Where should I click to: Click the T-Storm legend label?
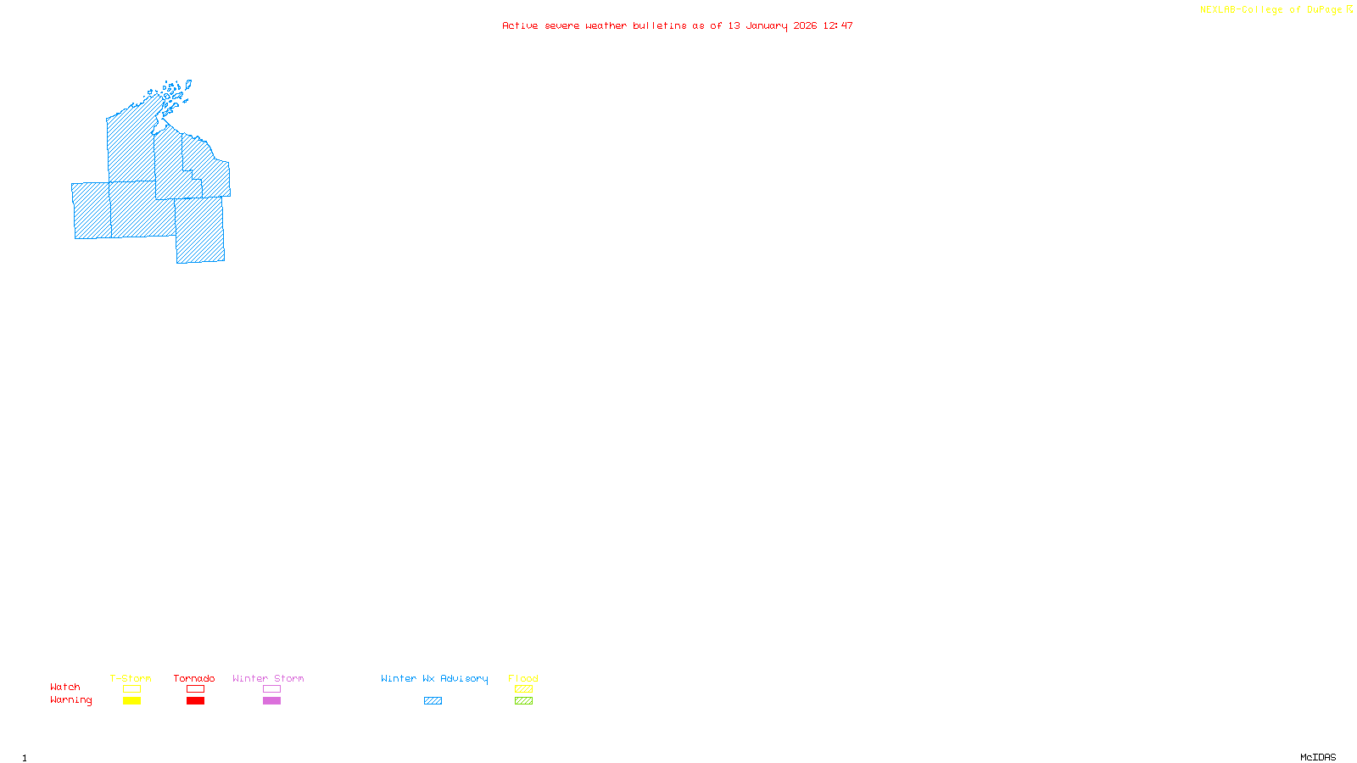point(131,678)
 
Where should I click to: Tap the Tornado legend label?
point(194,678)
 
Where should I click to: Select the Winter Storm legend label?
point(268,678)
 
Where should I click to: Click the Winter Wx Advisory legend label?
point(434,678)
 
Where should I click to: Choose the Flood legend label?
point(523,678)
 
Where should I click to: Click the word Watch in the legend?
point(65,687)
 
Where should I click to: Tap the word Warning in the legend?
point(71,700)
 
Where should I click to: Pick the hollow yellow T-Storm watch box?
point(131,689)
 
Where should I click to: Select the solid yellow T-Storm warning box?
point(131,701)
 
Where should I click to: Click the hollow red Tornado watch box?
point(195,689)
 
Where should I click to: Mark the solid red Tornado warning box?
point(195,701)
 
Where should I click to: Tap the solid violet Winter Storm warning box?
point(271,701)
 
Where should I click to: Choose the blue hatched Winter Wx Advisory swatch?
point(433,701)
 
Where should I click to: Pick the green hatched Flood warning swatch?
point(523,701)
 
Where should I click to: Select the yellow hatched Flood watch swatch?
point(523,689)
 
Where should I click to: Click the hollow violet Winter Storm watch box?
point(271,689)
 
